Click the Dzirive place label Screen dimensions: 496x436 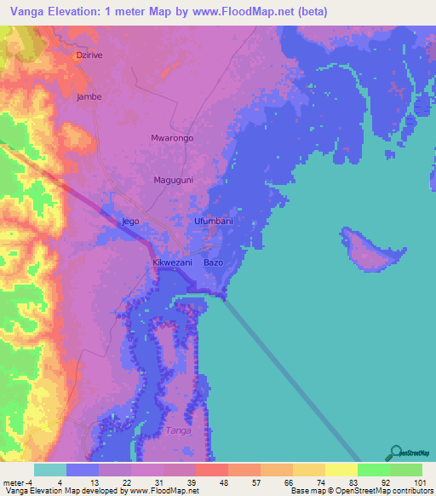[89, 55]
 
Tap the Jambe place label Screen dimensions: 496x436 [89, 96]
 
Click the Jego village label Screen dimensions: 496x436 [130, 221]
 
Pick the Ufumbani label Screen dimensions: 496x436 [214, 221]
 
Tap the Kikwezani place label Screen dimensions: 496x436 [173, 262]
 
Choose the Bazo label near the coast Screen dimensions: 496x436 [214, 262]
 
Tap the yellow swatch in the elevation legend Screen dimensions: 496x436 [341, 470]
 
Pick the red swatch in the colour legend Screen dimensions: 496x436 [211, 470]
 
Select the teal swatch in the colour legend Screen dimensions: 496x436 [49, 470]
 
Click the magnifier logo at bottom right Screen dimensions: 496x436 [394, 453]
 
